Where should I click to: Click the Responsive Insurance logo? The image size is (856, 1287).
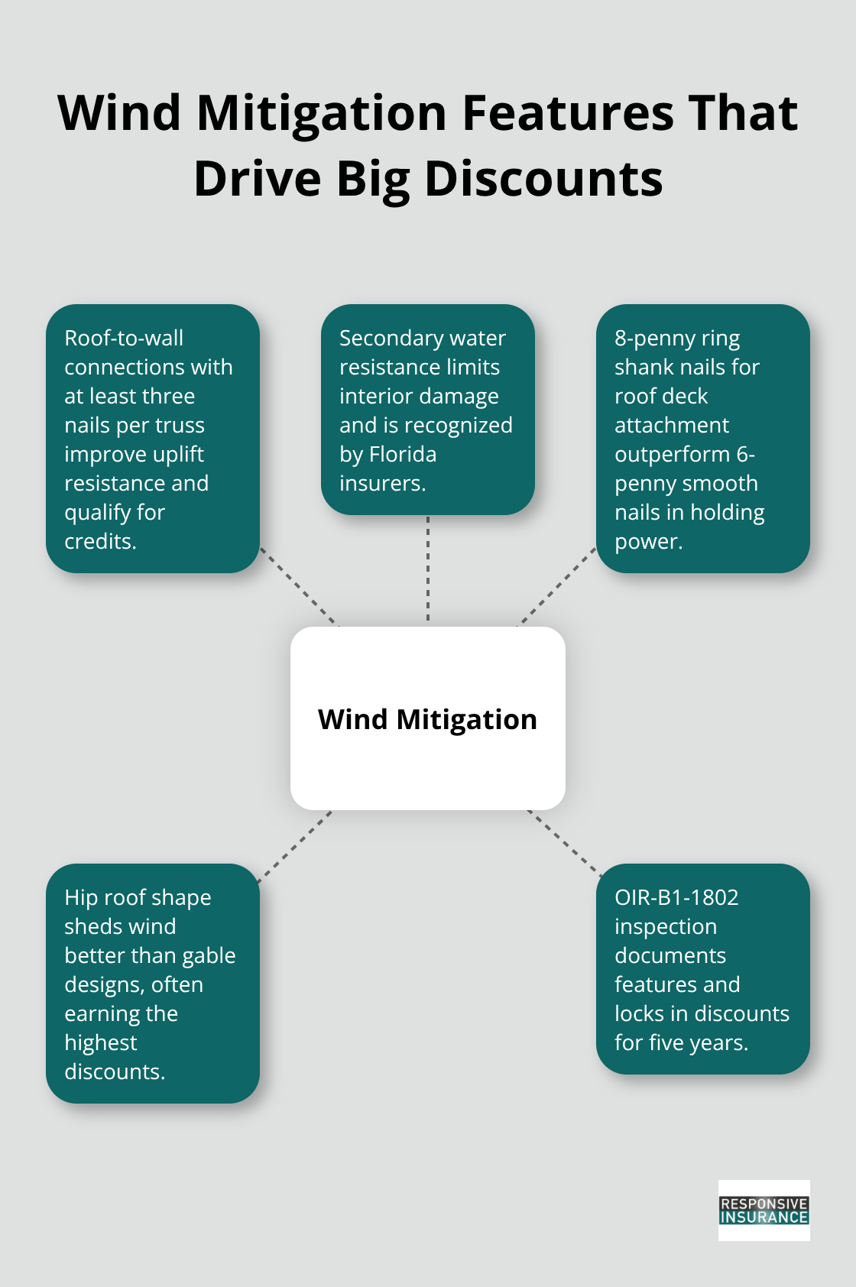click(x=764, y=1210)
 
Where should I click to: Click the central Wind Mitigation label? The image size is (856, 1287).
click(x=427, y=719)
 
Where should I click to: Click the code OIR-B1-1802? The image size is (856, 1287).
click(x=676, y=897)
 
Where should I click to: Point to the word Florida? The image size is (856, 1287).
click(x=402, y=454)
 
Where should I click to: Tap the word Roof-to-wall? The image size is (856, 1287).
click(x=124, y=338)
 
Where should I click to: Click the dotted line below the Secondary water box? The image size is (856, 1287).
click(x=428, y=568)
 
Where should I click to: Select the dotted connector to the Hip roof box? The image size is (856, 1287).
click(x=295, y=846)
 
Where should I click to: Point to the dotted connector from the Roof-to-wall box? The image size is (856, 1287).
click(x=298, y=587)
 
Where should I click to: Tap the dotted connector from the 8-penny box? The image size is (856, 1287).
click(x=558, y=587)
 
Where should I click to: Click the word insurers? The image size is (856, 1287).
click(x=383, y=483)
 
